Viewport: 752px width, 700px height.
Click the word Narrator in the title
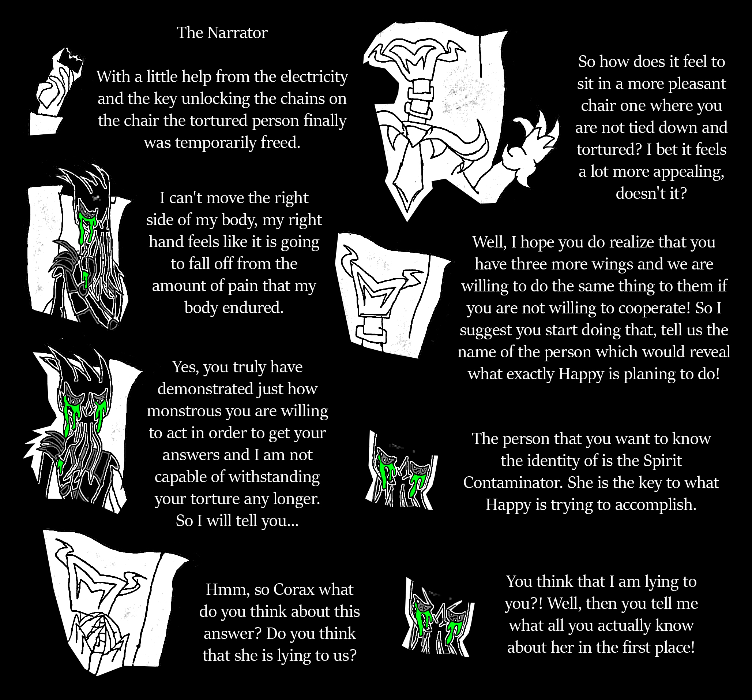pos(237,33)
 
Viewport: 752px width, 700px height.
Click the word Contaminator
pos(513,483)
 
